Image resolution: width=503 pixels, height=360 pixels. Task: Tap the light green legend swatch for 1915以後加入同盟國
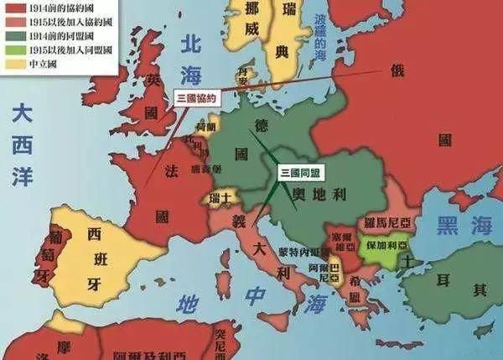(x=12, y=49)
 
